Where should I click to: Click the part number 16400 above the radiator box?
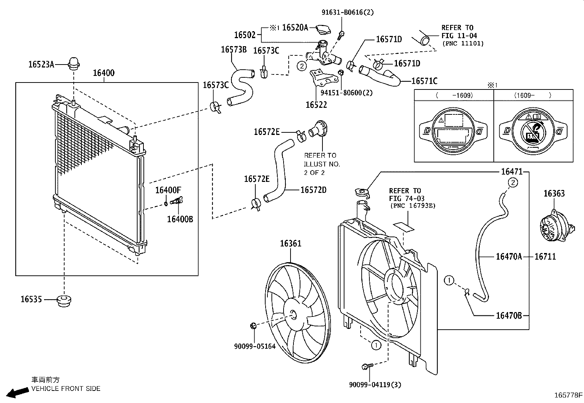103,73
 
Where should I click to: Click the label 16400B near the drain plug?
180,219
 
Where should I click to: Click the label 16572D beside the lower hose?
313,190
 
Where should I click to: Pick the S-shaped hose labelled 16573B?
242,84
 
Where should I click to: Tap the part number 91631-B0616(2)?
347,12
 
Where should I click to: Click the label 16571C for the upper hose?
424,81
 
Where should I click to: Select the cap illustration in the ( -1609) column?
453,131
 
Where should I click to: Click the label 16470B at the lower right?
508,315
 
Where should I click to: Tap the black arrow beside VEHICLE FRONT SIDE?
18,392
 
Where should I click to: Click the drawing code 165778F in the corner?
568,395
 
